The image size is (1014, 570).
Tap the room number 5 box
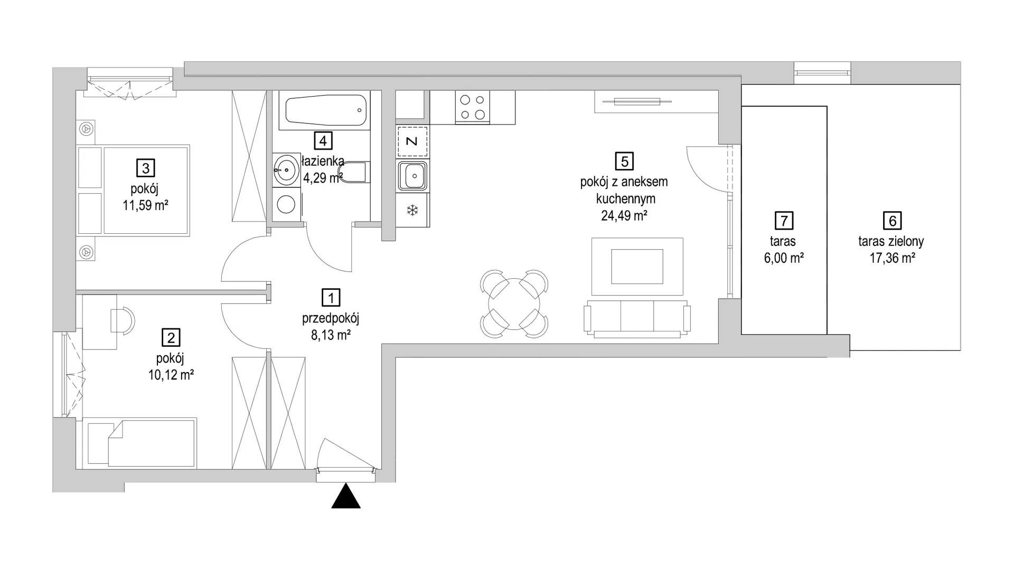[624, 160]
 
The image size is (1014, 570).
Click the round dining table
[514, 305]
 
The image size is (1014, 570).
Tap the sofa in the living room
[637, 318]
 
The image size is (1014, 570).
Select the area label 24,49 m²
[624, 215]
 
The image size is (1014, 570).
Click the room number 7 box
[784, 220]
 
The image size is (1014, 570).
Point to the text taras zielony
[891, 242]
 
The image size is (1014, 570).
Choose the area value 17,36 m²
[892, 259]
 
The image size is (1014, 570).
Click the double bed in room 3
[133, 190]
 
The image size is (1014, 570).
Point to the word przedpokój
[331, 318]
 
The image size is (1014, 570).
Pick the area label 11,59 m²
[145, 206]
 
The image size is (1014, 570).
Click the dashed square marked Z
[412, 141]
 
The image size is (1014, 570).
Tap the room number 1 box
[331, 298]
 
